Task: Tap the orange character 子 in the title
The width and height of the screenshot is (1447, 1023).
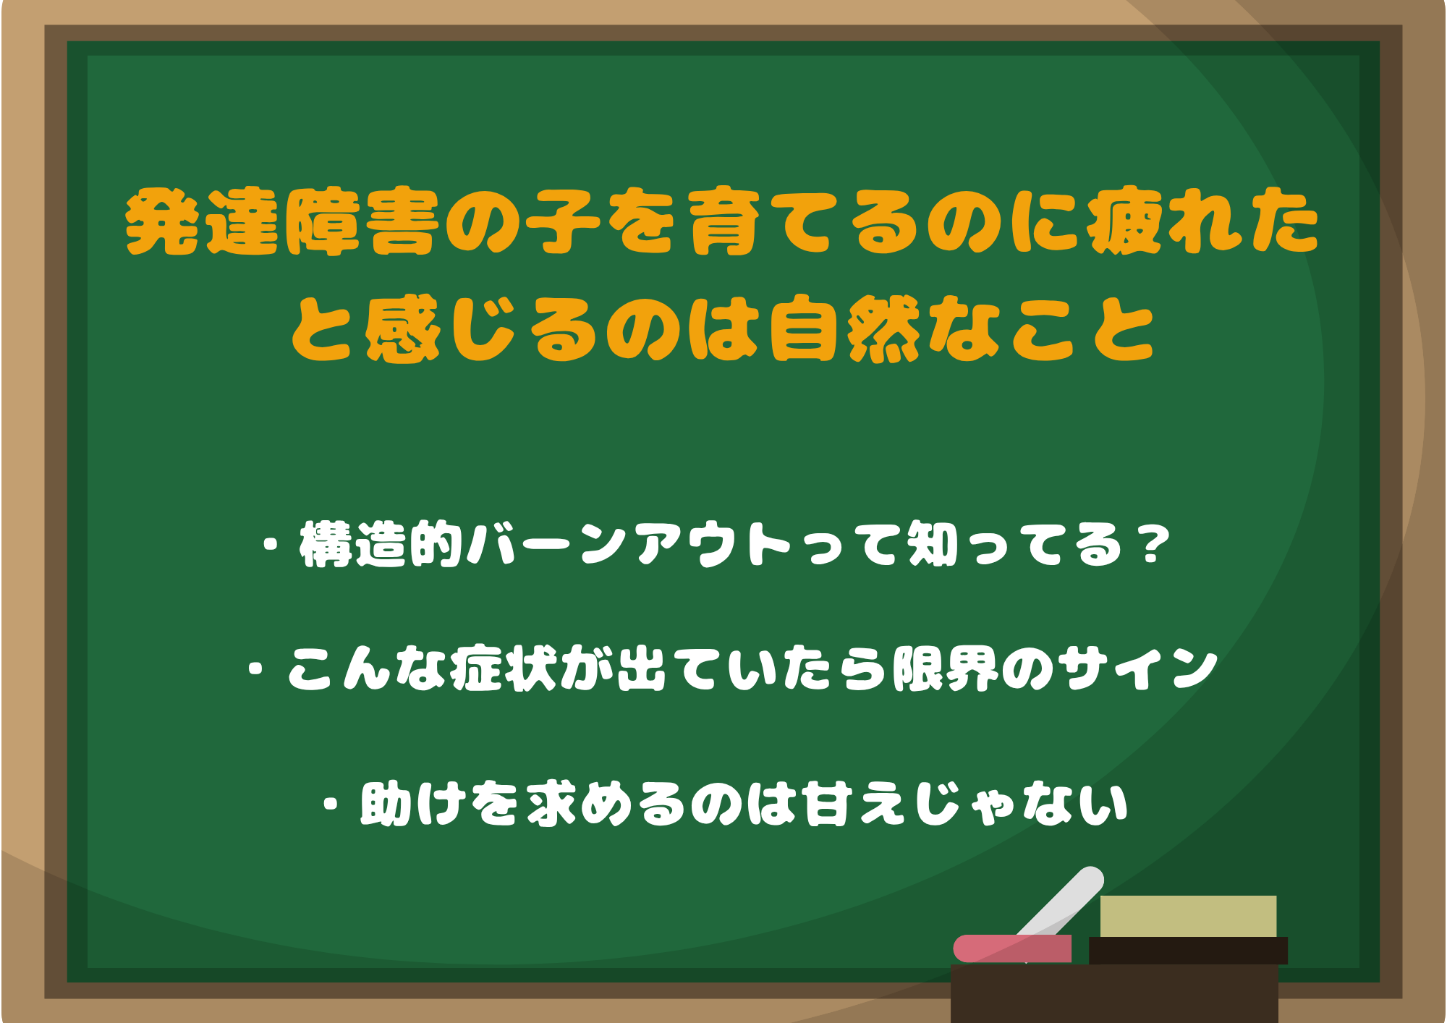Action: (562, 222)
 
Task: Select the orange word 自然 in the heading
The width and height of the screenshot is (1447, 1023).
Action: (844, 329)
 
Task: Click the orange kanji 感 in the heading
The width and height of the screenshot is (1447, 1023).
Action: (402, 329)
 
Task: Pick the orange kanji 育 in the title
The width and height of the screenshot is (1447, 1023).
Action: (723, 222)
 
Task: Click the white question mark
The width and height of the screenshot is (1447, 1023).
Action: (1151, 544)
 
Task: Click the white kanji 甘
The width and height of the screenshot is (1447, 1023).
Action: (824, 803)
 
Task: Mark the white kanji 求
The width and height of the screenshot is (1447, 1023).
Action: (551, 803)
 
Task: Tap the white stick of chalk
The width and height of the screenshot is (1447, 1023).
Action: (1064, 901)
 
